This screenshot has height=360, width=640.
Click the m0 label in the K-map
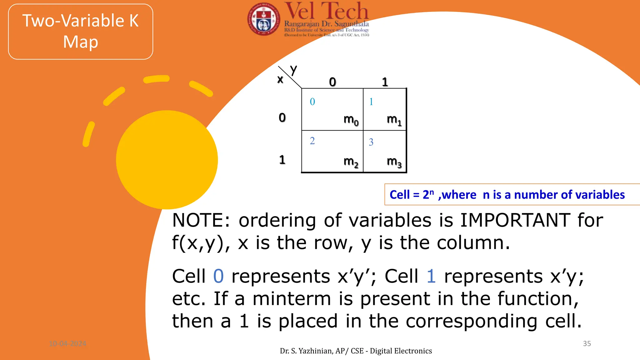click(x=351, y=120)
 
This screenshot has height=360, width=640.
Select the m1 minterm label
click(x=394, y=120)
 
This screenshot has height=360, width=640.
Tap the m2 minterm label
click(x=351, y=162)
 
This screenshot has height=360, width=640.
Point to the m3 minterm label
click(x=394, y=162)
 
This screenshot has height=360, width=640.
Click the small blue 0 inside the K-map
click(x=312, y=102)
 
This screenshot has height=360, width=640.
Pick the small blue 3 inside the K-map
click(x=371, y=142)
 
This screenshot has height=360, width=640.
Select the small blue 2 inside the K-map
click(x=312, y=141)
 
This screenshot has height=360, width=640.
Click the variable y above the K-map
click(x=293, y=70)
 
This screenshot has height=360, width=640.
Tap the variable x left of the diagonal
click(x=280, y=79)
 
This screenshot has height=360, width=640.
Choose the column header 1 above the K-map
click(x=385, y=82)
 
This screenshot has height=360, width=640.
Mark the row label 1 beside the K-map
click(x=282, y=160)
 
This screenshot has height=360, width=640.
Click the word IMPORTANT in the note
click(x=515, y=220)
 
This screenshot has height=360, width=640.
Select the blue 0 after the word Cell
click(x=218, y=276)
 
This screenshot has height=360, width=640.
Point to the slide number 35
click(x=587, y=343)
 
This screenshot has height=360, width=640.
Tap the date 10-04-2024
click(x=67, y=343)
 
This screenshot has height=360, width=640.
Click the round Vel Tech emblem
click(x=263, y=19)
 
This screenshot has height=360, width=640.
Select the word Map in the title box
click(x=81, y=42)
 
